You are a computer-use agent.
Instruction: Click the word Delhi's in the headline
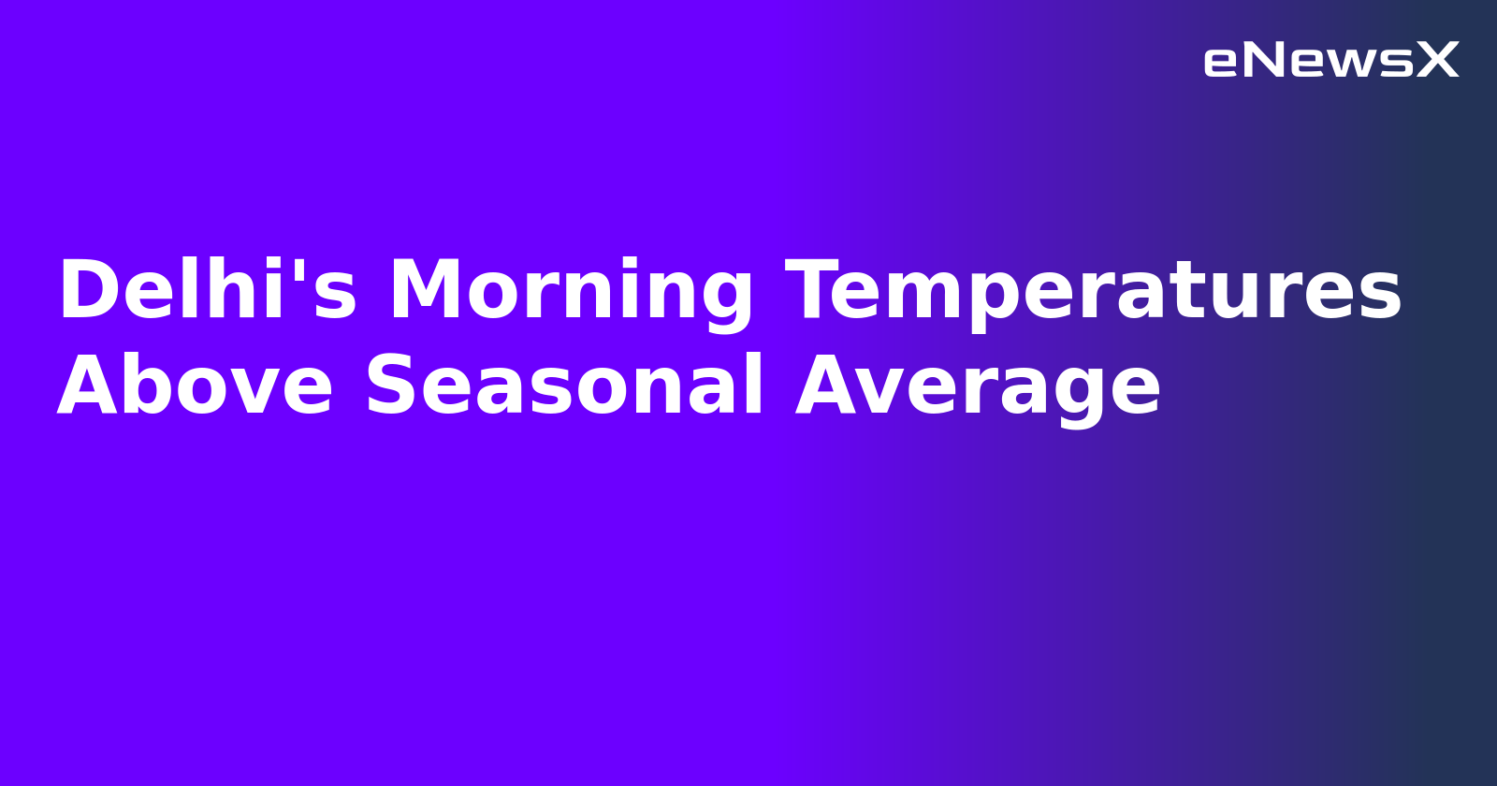pyautogui.click(x=207, y=291)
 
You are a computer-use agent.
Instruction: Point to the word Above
pyautogui.click(x=195, y=386)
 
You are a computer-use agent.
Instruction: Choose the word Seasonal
pyautogui.click(x=564, y=386)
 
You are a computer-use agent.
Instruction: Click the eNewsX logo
pyautogui.click(x=1330, y=61)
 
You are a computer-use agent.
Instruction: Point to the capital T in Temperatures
pyautogui.click(x=816, y=291)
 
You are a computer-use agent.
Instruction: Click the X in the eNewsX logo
pyautogui.click(x=1438, y=61)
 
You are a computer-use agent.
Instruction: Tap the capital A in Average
pyautogui.click(x=827, y=386)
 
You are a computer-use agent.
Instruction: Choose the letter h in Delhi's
pyautogui.click(x=241, y=291)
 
